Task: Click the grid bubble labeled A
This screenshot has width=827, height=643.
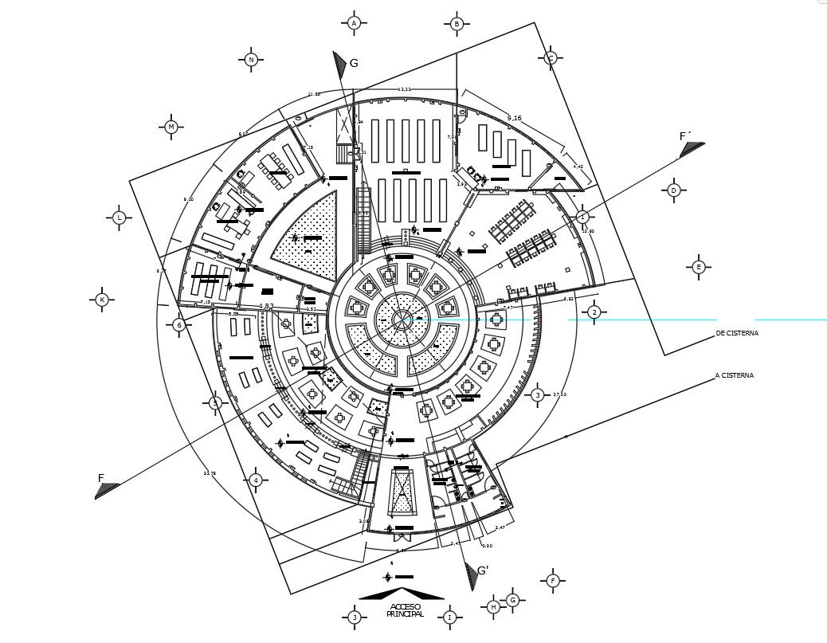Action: click(x=355, y=23)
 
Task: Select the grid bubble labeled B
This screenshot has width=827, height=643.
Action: click(x=457, y=24)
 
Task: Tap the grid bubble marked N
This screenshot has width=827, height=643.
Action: click(x=251, y=59)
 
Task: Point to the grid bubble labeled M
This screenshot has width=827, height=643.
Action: click(x=170, y=127)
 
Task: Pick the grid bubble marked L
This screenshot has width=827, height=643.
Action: click(x=119, y=218)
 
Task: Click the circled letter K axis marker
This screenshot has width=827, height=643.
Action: click(x=102, y=300)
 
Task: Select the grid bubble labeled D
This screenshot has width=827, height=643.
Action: click(x=673, y=190)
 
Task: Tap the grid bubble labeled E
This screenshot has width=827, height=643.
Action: click(x=698, y=267)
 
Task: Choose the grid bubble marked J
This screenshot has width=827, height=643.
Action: click(x=355, y=618)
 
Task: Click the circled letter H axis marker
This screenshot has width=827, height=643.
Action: click(x=493, y=607)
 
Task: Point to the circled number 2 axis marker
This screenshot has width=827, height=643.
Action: click(x=594, y=312)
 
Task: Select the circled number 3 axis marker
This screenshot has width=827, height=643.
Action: click(x=538, y=395)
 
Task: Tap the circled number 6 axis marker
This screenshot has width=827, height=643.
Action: click(x=179, y=325)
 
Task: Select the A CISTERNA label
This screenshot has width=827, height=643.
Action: click(x=734, y=374)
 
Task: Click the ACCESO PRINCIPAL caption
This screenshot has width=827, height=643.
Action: click(x=406, y=610)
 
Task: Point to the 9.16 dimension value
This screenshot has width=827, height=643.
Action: click(x=514, y=118)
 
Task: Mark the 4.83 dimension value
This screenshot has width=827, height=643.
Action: click(x=267, y=306)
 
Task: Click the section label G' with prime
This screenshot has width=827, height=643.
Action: click(x=482, y=570)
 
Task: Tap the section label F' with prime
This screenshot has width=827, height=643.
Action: click(x=684, y=136)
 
